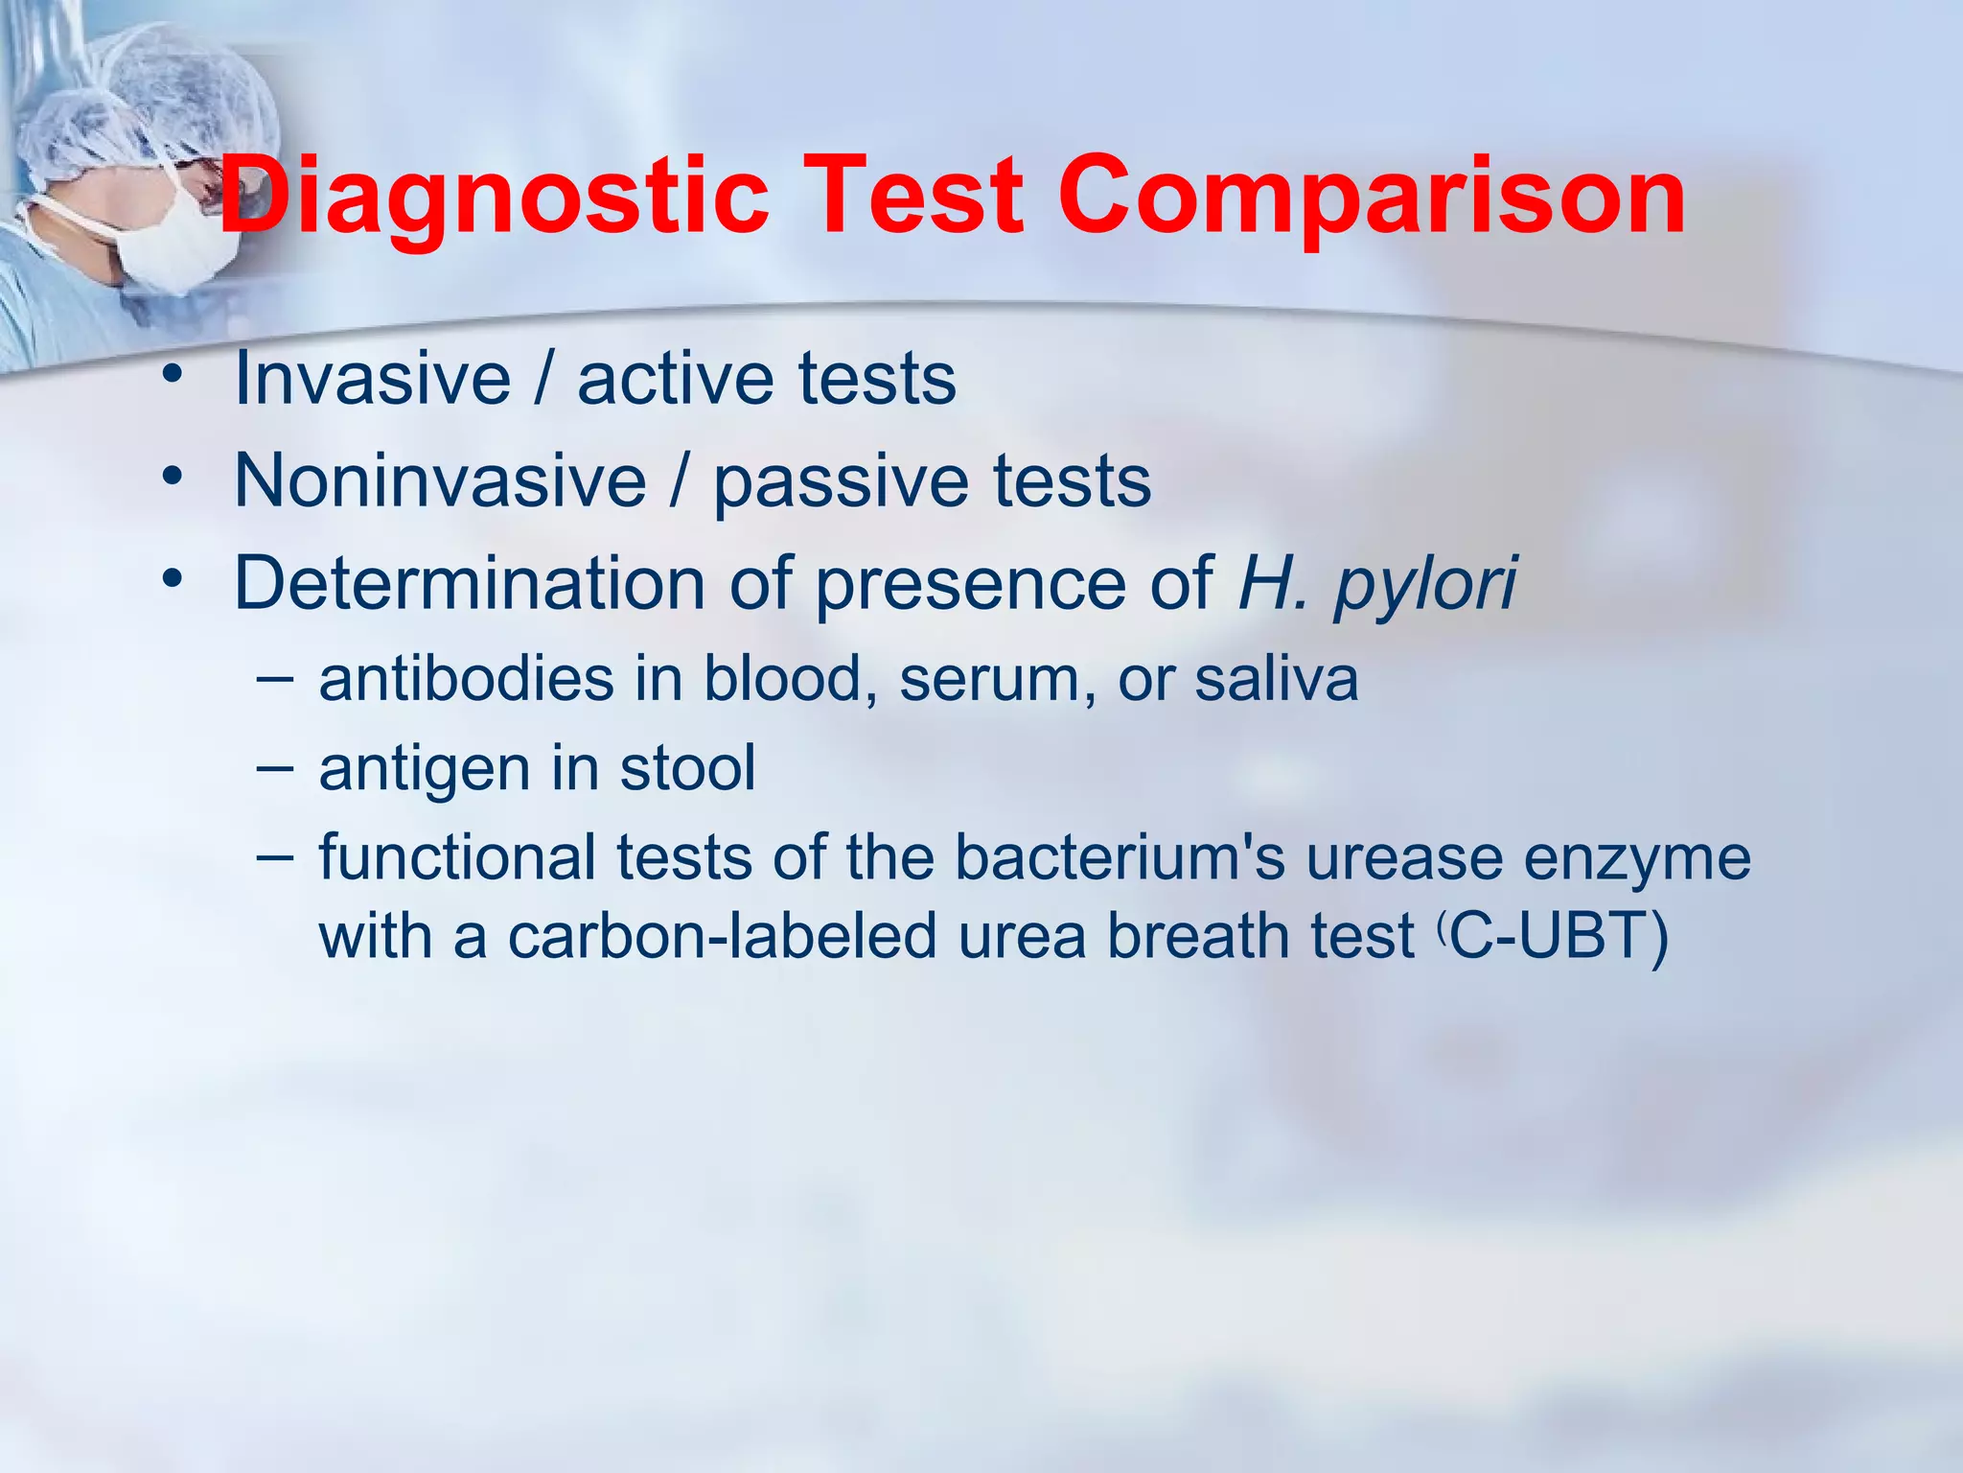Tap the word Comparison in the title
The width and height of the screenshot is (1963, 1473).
[x=1371, y=198]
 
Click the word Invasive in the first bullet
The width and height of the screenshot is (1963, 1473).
[x=372, y=378]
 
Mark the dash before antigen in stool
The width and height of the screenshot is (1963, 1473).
[x=275, y=767]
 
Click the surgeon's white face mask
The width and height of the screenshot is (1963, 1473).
[x=177, y=245]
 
